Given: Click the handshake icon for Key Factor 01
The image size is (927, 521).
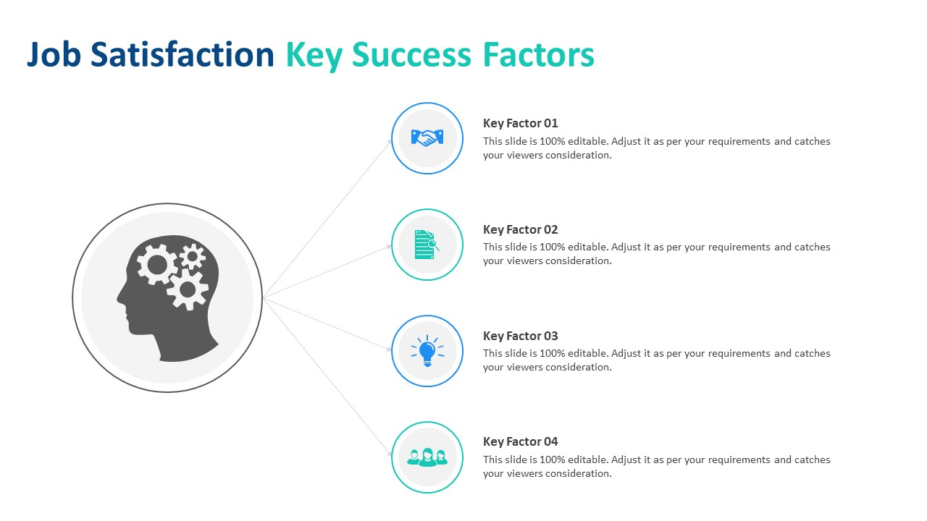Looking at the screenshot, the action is click(x=427, y=138).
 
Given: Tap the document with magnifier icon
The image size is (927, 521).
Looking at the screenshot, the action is click(x=427, y=245).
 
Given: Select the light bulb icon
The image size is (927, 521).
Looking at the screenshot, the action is click(x=427, y=351).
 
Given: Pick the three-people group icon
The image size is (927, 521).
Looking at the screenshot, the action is click(x=427, y=457).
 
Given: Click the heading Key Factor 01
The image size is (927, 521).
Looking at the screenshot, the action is click(x=520, y=123).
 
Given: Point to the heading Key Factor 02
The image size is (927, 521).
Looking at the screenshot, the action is click(x=520, y=229).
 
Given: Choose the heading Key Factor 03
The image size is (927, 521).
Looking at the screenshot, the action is click(x=520, y=336).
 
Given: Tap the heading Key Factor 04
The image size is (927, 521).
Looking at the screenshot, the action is click(x=520, y=441).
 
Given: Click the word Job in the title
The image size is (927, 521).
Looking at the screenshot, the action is click(x=54, y=54).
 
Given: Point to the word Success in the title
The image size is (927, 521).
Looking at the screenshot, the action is click(x=411, y=54).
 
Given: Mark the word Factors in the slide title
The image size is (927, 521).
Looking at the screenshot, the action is click(x=539, y=54).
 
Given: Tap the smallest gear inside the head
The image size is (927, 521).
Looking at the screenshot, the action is click(x=193, y=256).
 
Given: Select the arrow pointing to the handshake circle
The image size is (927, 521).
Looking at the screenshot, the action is click(x=327, y=219).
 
